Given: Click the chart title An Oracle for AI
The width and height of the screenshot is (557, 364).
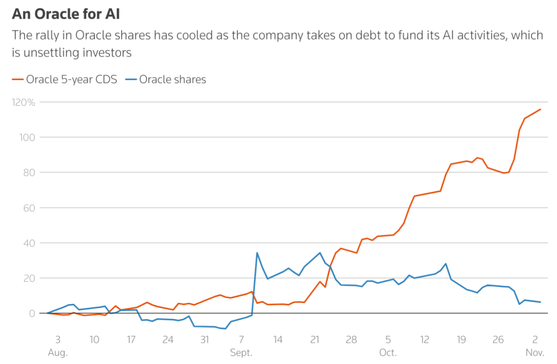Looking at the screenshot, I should pos(66,14).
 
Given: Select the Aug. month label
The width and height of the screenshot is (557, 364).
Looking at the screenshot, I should pos(58,353).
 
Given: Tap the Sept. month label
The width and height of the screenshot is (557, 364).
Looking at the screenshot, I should pos(241,353).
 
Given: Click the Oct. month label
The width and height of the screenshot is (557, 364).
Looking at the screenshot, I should pos(388,353).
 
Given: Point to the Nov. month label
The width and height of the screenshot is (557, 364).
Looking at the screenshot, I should pos(535,353).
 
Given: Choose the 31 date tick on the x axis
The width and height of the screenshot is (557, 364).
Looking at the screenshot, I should pos(204,339).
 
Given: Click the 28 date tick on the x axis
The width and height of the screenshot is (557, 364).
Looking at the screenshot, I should pos(351,339).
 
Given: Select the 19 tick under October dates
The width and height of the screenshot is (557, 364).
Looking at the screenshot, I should pos(461,339).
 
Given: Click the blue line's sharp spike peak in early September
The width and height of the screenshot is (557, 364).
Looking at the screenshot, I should pos(257,253).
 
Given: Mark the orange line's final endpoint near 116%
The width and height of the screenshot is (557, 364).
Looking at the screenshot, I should pos(540,110).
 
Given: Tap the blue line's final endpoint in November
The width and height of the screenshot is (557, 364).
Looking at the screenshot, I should pos(540,302).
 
